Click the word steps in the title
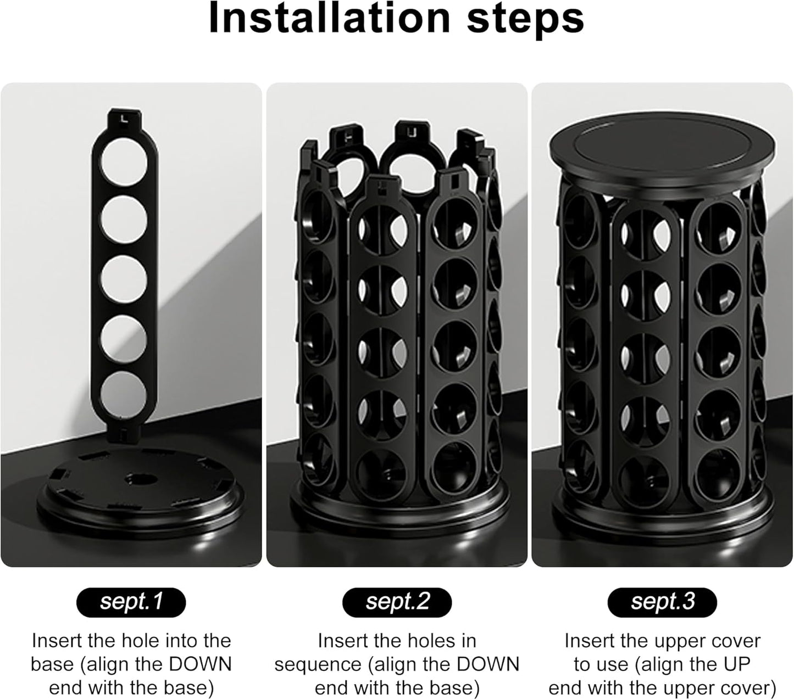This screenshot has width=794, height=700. tap(525, 19)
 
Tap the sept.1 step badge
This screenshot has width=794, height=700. tap(131, 602)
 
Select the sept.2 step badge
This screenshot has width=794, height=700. tap(397, 602)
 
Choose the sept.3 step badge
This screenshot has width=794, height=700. tap(662, 602)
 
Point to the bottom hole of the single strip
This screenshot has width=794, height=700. tap(124, 395)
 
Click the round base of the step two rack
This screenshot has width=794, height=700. tap(397, 505)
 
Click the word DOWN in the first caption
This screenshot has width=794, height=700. tap(199, 664)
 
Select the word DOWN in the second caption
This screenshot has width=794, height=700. tap(487, 664)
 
